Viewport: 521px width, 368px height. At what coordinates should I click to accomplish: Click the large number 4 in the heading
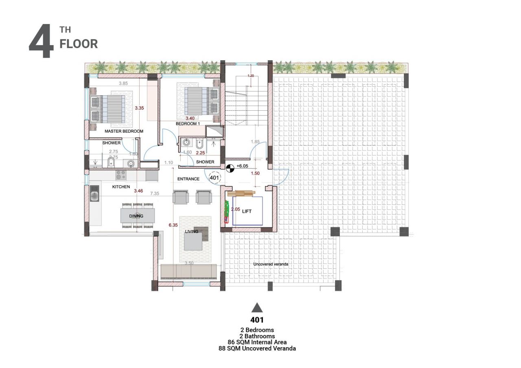(41, 42)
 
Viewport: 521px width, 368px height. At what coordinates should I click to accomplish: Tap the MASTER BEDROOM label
(124, 131)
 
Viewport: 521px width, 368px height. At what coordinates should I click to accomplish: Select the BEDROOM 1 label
(188, 123)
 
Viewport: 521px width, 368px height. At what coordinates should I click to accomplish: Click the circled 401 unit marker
(215, 177)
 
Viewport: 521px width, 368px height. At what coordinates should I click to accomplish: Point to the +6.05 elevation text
(242, 166)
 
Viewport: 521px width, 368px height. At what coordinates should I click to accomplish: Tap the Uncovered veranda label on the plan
(271, 264)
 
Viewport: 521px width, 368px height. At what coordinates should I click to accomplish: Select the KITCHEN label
(121, 187)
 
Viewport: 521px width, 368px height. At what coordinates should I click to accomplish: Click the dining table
(138, 216)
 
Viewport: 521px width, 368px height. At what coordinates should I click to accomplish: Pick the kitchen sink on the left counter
(95, 197)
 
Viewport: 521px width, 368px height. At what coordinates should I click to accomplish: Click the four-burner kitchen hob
(121, 175)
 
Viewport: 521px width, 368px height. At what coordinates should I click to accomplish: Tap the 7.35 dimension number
(154, 194)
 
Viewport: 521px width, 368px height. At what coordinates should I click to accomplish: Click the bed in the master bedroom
(107, 109)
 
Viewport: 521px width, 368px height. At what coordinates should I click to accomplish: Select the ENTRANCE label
(188, 179)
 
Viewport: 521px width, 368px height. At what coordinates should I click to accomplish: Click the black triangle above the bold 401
(257, 308)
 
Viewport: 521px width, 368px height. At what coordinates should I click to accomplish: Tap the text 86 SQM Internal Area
(257, 342)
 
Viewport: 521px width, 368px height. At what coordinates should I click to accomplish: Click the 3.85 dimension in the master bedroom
(123, 83)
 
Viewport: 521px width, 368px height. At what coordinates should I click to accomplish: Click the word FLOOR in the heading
(79, 44)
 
